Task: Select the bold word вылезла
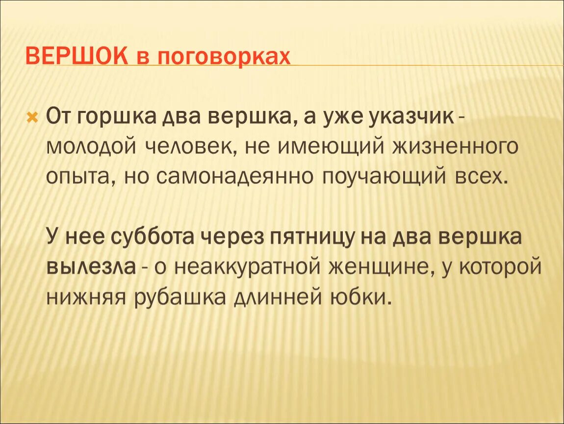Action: (91, 266)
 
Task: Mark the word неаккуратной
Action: (251, 266)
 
